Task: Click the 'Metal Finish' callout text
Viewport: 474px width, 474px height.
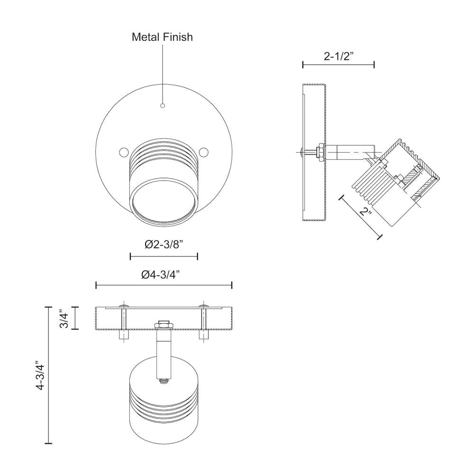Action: (x=162, y=37)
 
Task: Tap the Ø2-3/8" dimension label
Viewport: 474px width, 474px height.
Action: (x=164, y=245)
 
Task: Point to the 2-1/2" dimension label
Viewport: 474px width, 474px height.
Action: (x=339, y=56)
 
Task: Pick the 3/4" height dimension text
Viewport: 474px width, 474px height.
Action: (x=64, y=318)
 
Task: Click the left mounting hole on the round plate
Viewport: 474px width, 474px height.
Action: (x=123, y=152)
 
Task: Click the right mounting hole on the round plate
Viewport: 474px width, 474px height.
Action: (x=204, y=152)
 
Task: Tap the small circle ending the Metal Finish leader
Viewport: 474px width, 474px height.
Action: (x=163, y=105)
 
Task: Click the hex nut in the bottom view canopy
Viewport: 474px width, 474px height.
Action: (x=164, y=324)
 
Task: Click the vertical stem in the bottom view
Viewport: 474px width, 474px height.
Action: (x=164, y=353)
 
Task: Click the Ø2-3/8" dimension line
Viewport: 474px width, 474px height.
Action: (x=164, y=256)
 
